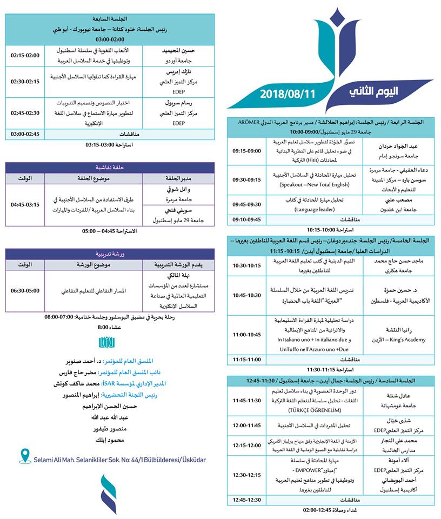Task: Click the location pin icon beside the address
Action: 24,456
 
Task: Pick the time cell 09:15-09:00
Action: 246,151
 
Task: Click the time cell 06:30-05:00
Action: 25,290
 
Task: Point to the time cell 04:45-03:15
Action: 25,205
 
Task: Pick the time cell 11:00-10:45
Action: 246,335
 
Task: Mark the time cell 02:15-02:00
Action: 25,55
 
